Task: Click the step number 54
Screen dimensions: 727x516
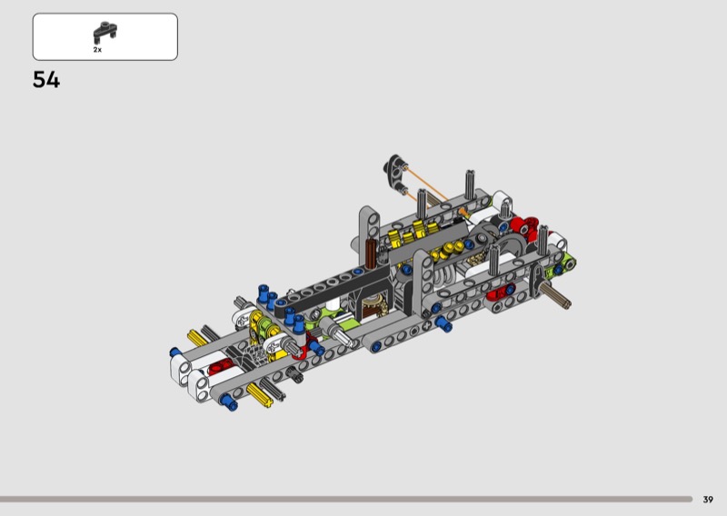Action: coord(46,80)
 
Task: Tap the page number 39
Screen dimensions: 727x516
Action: coord(708,500)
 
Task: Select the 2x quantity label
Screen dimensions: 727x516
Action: coord(97,50)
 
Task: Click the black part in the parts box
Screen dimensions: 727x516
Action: coord(105,32)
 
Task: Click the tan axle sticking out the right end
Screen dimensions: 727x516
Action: coord(556,296)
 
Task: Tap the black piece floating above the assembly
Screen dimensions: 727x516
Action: coord(395,174)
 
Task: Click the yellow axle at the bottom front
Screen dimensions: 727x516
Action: coord(260,395)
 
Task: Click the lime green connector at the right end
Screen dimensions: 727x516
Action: coord(563,266)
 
